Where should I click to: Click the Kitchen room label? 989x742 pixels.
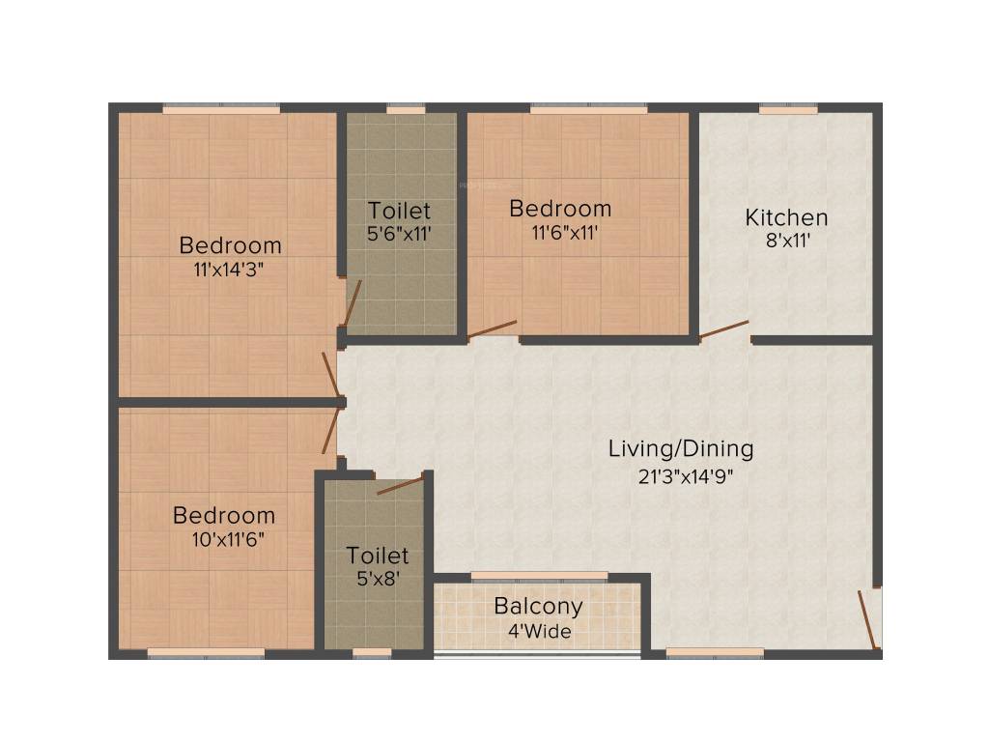[x=786, y=217]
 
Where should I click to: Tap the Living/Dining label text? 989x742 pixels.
[x=681, y=448]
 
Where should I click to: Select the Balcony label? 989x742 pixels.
[x=538, y=607]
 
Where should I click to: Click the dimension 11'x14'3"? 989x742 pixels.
[x=229, y=270]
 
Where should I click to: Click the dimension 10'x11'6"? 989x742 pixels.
[x=223, y=539]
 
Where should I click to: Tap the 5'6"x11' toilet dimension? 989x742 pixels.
[x=399, y=233]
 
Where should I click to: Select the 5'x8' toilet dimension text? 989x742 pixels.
[x=378, y=580]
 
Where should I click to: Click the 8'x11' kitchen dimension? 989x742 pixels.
[x=786, y=242]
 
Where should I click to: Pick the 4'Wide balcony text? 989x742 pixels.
[x=539, y=632]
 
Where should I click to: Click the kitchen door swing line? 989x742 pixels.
[x=723, y=329]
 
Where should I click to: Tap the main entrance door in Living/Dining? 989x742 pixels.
[x=868, y=619]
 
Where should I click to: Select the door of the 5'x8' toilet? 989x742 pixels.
[x=400, y=484]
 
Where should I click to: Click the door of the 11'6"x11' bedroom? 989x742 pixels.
[x=493, y=329]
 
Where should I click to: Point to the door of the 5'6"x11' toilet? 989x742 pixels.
[x=353, y=302]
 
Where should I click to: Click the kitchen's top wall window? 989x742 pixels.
[x=788, y=109]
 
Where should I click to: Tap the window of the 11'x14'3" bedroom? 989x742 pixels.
[x=221, y=109]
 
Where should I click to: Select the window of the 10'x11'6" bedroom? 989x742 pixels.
[x=206, y=653]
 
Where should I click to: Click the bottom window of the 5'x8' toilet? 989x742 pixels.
[x=372, y=653]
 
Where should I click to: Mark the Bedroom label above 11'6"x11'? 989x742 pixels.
[x=560, y=208]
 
